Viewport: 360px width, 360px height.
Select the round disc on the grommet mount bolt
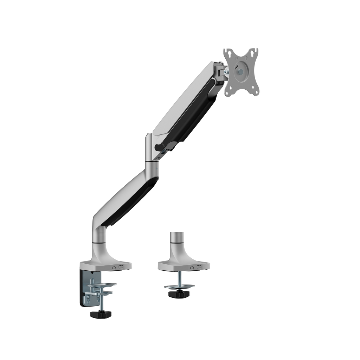click(180, 285)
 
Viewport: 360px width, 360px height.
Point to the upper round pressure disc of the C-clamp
click(103, 284)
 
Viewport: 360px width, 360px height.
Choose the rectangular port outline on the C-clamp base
click(121, 267)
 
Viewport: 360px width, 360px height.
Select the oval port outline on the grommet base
click(192, 268)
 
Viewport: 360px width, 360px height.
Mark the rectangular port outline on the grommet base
click(199, 268)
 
